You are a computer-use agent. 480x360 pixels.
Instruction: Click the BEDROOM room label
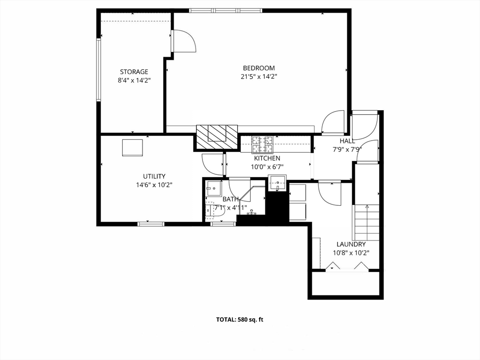tap(259, 68)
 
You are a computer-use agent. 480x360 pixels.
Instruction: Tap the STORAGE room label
tap(134, 72)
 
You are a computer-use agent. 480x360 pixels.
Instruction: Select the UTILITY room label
tap(154, 176)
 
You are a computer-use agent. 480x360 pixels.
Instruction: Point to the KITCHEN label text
tap(267, 158)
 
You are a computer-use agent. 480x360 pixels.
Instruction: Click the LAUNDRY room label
tap(351, 244)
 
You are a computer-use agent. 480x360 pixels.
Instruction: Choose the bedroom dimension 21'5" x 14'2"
tap(259, 77)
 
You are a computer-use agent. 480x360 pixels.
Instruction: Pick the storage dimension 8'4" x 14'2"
tap(134, 80)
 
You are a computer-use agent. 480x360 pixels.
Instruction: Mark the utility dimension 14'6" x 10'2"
tap(154, 185)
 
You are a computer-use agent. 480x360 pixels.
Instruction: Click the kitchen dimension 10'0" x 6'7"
tap(267, 166)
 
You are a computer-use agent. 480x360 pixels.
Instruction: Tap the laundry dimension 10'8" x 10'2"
tap(351, 253)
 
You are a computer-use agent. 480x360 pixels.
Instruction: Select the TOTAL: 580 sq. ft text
tap(240, 320)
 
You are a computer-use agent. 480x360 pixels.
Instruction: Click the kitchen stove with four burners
tap(262, 144)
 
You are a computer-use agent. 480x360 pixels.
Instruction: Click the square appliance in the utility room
tap(132, 147)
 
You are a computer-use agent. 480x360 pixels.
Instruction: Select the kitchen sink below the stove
tap(277, 182)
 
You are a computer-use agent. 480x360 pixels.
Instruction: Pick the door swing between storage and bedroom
tap(184, 41)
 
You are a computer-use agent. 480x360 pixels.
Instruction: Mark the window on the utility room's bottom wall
tap(151, 224)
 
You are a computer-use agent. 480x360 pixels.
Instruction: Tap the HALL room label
tap(347, 141)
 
